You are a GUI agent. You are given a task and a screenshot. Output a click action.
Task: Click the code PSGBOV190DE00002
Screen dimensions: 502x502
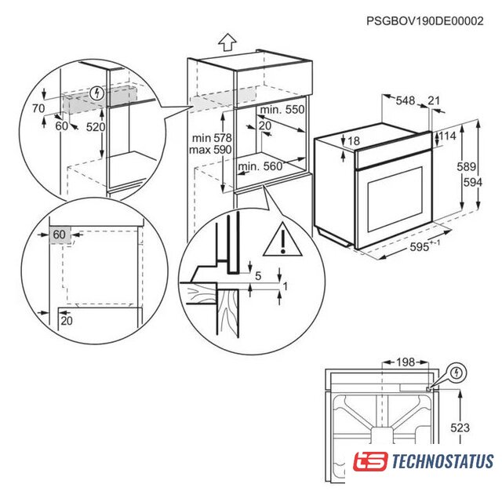tap(425, 21)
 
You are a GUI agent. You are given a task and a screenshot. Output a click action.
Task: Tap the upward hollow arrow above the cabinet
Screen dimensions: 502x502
tap(227, 42)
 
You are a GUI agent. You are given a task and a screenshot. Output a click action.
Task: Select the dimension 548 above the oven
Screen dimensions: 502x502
tap(406, 100)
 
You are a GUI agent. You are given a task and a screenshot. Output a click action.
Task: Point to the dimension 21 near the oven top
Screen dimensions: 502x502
tap(434, 100)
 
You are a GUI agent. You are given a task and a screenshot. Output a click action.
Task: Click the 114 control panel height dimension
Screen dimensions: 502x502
tap(447, 136)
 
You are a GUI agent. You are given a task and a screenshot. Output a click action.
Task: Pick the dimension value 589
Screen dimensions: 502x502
tap(466, 166)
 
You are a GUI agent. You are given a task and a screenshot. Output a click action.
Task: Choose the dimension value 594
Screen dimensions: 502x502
tap(472, 183)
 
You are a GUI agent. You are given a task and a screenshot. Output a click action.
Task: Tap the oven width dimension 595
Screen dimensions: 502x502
tap(420, 247)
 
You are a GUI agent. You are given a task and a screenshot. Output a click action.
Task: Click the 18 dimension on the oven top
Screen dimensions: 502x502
tap(354, 141)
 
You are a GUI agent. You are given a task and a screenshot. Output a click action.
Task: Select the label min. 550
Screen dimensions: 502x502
tap(282, 110)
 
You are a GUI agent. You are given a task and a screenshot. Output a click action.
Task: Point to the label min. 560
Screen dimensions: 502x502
tap(260, 166)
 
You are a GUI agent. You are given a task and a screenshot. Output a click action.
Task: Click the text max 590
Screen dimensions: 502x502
tap(210, 150)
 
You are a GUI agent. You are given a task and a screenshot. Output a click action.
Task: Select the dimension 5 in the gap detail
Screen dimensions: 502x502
tap(258, 275)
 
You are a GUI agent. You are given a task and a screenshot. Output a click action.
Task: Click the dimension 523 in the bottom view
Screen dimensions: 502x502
tap(460, 427)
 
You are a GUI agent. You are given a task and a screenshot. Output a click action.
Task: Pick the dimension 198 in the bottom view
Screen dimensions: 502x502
tap(406, 362)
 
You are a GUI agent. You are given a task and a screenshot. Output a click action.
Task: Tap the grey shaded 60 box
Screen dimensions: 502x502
tap(60, 235)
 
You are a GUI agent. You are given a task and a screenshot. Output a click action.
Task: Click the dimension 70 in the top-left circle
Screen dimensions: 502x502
tap(38, 108)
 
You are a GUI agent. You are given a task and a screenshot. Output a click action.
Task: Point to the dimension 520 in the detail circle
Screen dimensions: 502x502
tap(96, 127)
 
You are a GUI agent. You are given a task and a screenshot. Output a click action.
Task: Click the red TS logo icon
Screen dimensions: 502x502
tap(370, 461)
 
